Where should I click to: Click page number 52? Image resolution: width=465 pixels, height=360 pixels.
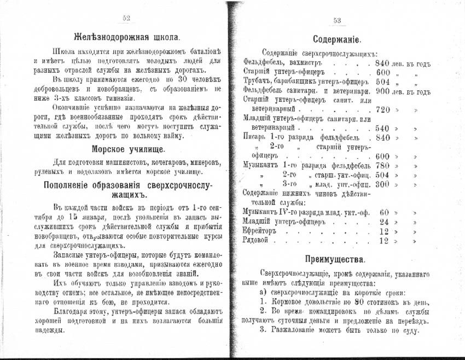pos(126,19)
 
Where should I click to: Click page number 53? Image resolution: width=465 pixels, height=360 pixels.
pos(337,21)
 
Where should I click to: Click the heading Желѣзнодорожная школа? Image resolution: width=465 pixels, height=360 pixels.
pos(127,38)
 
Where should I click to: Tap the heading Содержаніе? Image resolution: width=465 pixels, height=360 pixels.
pos(336,39)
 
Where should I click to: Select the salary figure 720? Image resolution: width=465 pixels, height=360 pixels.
pos(382,109)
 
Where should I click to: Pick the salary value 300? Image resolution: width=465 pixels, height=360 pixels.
pos(382,184)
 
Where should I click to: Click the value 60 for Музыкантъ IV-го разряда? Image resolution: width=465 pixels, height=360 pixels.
pos(384,212)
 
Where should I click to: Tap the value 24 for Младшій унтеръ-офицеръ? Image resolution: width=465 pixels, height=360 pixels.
pos(384,222)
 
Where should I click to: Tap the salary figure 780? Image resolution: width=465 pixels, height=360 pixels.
pos(382,165)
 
